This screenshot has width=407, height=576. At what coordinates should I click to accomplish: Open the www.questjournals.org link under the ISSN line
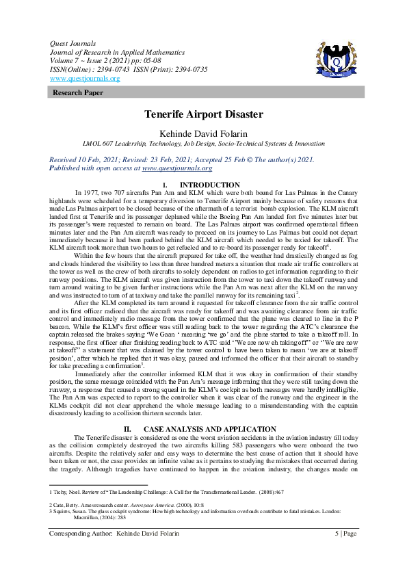85,79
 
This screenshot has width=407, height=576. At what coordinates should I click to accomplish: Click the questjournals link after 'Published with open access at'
176,168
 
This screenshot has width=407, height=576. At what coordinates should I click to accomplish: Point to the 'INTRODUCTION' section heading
209,185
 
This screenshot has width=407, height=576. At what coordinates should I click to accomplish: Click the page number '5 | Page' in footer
345,534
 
